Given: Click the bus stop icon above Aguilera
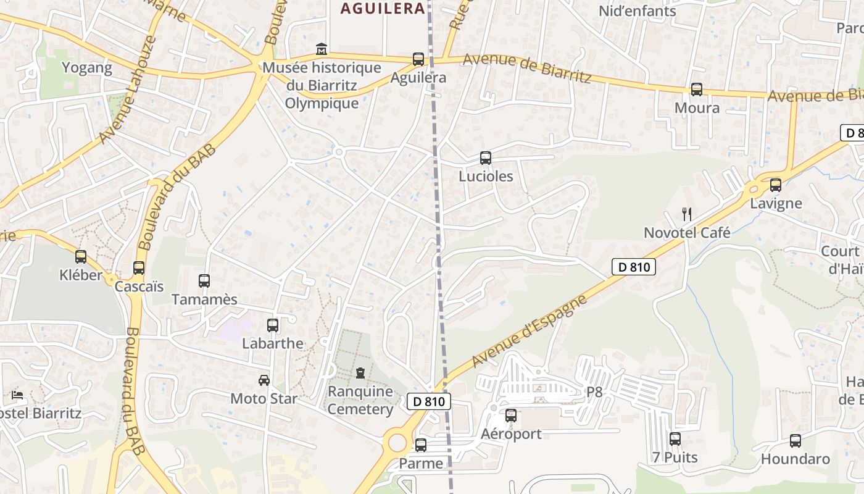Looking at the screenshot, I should pos(418,59).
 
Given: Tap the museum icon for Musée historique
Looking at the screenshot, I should pos(321,49).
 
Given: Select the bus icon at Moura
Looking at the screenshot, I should pos(697,90).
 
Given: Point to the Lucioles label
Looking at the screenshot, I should pos(486,176).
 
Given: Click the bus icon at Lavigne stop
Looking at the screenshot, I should pos(776,185).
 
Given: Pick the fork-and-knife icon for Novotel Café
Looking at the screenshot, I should pos(687,214).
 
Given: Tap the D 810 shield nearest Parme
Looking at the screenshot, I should pos(429,401).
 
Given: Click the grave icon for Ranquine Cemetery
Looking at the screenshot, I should pos(360,373).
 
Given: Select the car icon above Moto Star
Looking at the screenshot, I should pos(264,380).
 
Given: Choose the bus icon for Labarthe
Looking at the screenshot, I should pos(273,325).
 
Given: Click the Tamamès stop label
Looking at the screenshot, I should pos(204,299).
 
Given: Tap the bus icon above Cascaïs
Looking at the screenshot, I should pos(139,268).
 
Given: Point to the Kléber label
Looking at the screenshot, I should pos(81,275).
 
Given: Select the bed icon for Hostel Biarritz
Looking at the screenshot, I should pos(17,395).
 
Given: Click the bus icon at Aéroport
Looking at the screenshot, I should pos(511,416).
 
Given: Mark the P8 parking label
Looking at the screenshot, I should pos(594,392).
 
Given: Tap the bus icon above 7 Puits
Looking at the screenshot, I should pos(675,439).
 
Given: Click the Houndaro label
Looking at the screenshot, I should pos(795,459).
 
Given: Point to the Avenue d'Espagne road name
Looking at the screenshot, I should pos(528,331).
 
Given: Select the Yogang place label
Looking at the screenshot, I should pos(87,67).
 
